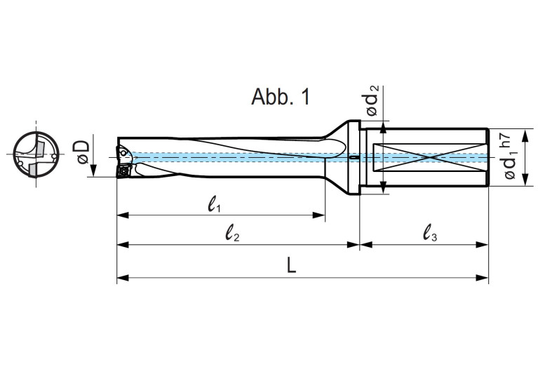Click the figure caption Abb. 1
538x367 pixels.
[280, 98]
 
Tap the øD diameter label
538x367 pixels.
[83, 151]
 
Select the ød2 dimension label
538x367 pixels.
[373, 100]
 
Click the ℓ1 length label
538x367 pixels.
[215, 206]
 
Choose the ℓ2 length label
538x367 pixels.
[233, 236]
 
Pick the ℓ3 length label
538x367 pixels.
[430, 236]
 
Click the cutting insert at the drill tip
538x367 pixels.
[123, 171]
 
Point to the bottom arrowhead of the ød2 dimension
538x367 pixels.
[383, 187]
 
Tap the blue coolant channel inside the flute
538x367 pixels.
[231, 157]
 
